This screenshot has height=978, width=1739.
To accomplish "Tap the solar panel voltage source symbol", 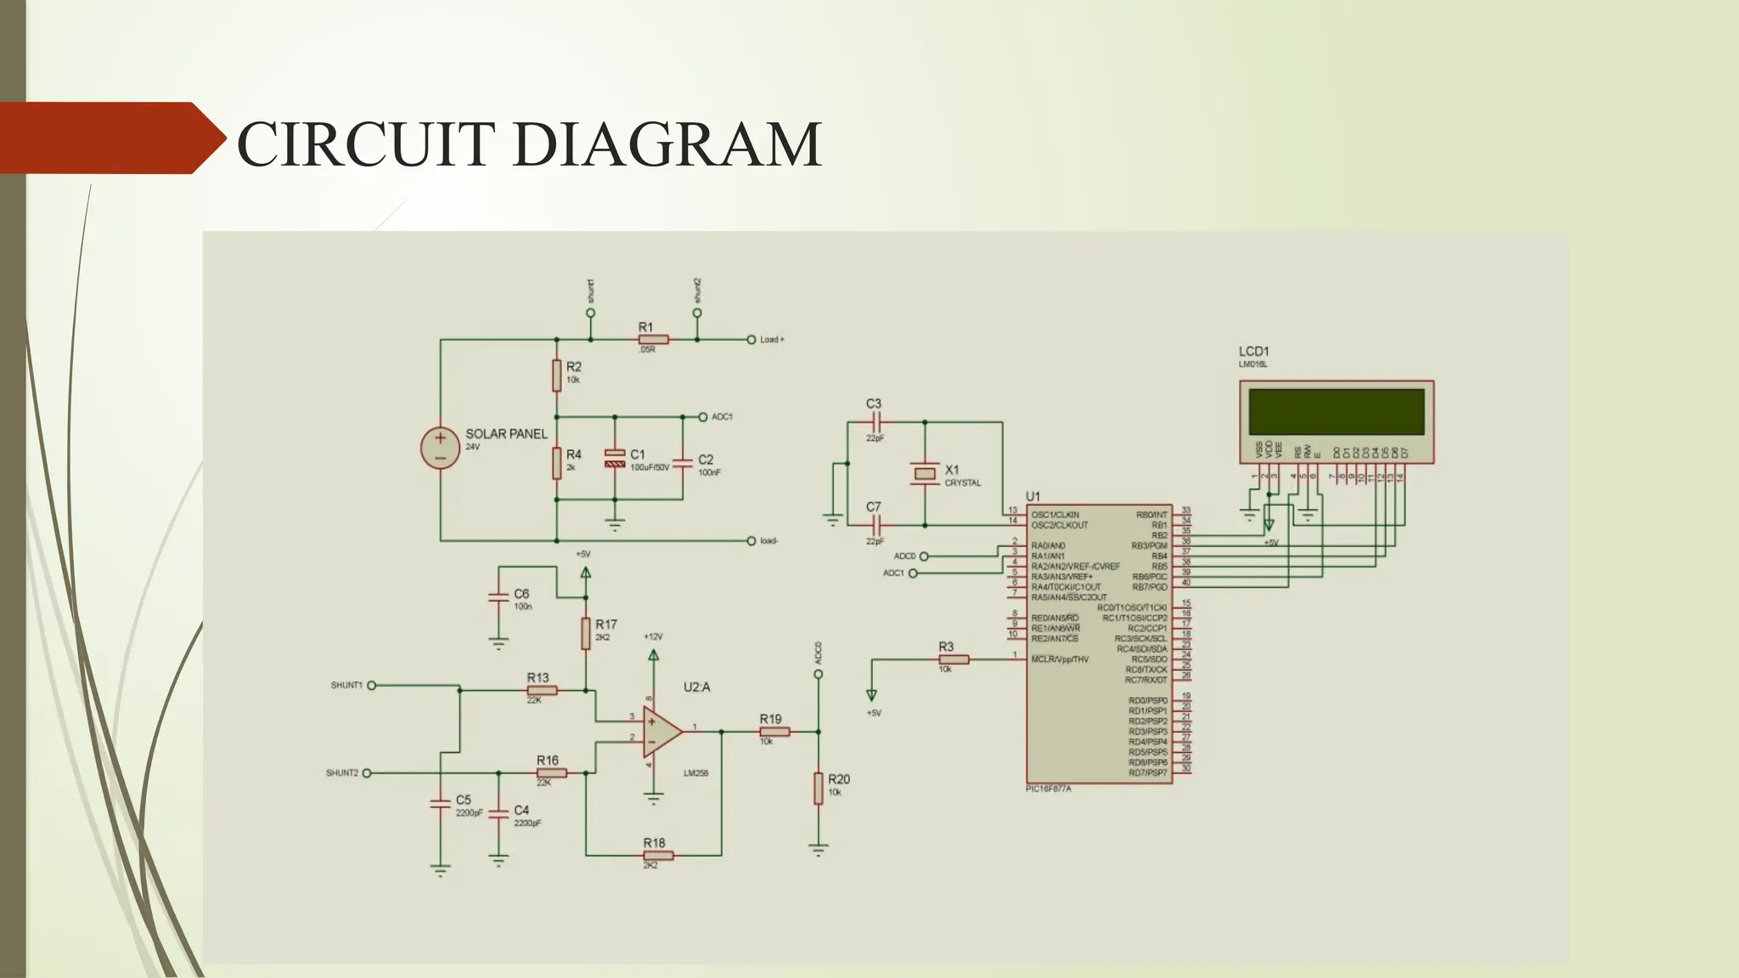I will [441, 448].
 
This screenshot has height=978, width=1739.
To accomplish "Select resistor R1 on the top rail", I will [653, 340].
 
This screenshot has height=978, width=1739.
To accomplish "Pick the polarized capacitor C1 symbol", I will [615, 460].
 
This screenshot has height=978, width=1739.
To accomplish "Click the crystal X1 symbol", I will [925, 474].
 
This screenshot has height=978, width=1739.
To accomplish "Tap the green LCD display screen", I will [1336, 412].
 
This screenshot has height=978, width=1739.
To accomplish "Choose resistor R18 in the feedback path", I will [657, 856].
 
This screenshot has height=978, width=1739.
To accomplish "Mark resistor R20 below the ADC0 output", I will [819, 788].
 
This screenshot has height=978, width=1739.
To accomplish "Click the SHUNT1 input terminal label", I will [346, 685].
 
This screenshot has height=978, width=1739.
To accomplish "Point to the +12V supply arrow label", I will [653, 637].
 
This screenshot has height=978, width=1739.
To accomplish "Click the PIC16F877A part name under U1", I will [1048, 789].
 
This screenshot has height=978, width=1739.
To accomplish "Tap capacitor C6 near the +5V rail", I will [498, 598].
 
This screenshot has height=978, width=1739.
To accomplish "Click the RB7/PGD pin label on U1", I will [1149, 587].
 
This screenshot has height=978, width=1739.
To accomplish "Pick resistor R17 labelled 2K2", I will [586, 633].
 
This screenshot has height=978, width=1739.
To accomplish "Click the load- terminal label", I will [768, 541].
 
